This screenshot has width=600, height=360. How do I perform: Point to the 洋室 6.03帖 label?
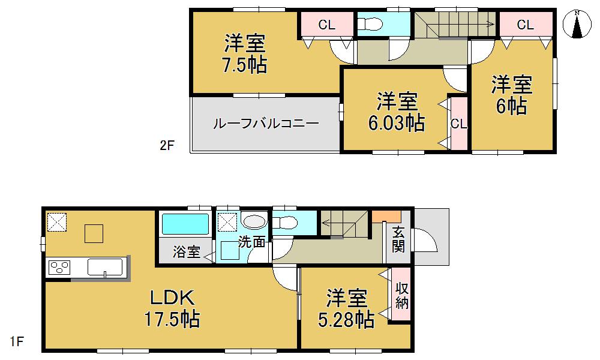(397, 112)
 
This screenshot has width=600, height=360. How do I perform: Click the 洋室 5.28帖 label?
(346, 308)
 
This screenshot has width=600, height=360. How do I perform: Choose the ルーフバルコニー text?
(266, 124)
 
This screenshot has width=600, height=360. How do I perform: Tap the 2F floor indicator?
(166, 145)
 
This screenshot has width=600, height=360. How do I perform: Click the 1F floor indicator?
(17, 342)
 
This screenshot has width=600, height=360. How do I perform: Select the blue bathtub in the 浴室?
(185, 225)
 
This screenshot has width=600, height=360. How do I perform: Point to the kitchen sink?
(106, 266)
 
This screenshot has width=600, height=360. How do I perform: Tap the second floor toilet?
(370, 25)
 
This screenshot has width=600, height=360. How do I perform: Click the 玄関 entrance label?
(399, 239)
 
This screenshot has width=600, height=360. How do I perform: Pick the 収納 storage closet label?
(402, 295)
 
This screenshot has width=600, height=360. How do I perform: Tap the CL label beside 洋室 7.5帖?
(327, 25)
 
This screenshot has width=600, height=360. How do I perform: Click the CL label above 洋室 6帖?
(525, 25)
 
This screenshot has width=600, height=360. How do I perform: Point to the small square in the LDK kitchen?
(94, 233)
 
